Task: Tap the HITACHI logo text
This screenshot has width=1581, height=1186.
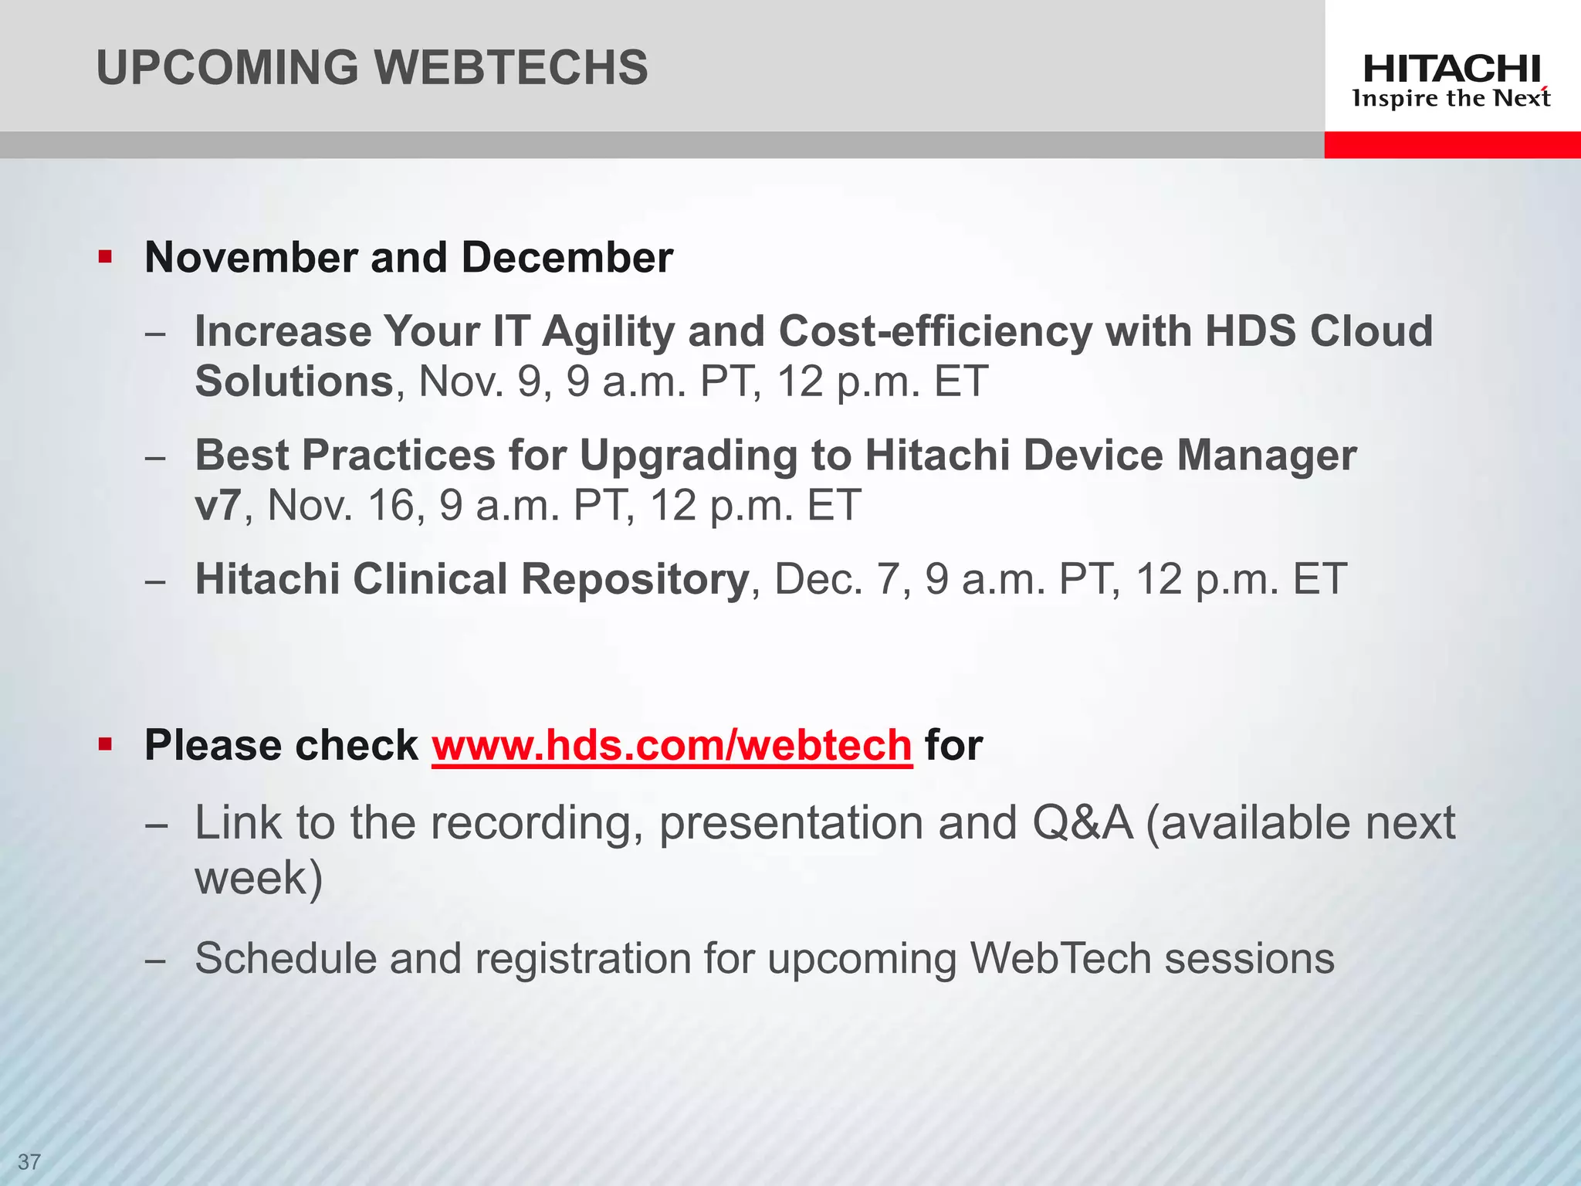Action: (x=1451, y=69)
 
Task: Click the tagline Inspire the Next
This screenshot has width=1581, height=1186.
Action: (x=1451, y=99)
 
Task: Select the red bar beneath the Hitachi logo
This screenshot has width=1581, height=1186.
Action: (x=1451, y=144)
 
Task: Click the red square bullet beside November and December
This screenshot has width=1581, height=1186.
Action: (x=106, y=257)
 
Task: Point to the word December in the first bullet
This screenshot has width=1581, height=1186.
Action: (x=567, y=257)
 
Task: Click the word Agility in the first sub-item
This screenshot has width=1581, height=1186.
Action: (x=608, y=332)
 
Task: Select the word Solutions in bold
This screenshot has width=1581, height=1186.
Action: (x=294, y=381)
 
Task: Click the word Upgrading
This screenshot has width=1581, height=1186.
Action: (x=688, y=455)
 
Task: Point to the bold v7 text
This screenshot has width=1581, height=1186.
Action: (x=218, y=506)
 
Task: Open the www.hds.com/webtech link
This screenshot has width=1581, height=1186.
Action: (x=672, y=746)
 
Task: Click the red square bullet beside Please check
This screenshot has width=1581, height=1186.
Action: (x=106, y=745)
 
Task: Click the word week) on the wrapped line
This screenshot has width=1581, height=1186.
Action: (x=259, y=879)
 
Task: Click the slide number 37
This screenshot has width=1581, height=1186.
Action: (x=29, y=1162)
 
